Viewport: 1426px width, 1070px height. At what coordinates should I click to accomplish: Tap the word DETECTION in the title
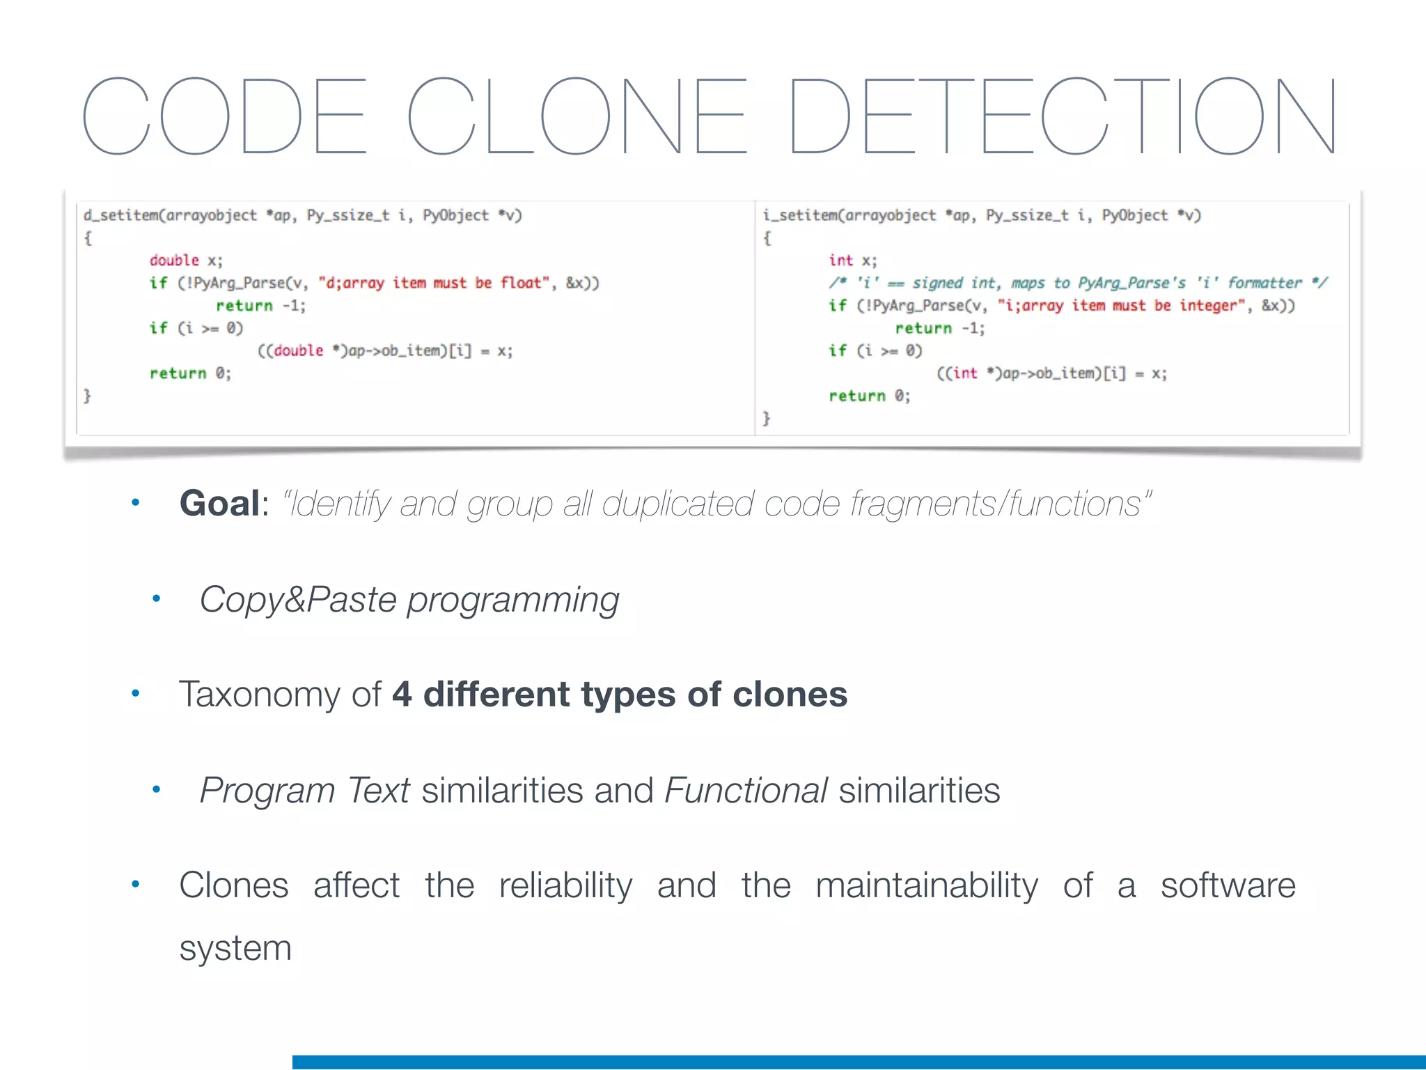pyautogui.click(x=1063, y=116)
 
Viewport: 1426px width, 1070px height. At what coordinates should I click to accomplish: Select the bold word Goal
pyautogui.click(x=219, y=503)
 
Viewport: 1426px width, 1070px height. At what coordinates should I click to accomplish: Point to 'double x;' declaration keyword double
pyautogui.click(x=174, y=261)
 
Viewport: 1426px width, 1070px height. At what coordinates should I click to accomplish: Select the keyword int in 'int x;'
pyautogui.click(x=840, y=261)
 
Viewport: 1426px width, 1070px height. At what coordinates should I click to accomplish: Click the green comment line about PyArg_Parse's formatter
pyautogui.click(x=1078, y=283)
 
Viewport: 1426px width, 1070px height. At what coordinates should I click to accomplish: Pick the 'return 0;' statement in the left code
pyautogui.click(x=190, y=373)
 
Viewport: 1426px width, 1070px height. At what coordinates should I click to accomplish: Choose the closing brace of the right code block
pyautogui.click(x=766, y=418)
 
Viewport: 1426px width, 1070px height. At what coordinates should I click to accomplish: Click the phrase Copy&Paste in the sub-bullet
pyautogui.click(x=298, y=599)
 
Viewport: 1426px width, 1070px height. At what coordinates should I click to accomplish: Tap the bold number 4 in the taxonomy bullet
pyautogui.click(x=402, y=695)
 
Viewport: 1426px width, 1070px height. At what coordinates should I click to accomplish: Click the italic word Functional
pyautogui.click(x=746, y=790)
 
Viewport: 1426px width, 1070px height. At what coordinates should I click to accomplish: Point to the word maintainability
pyautogui.click(x=927, y=885)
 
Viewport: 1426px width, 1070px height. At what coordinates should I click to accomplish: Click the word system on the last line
pyautogui.click(x=235, y=949)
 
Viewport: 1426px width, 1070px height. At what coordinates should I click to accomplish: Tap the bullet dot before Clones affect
pyautogui.click(x=136, y=885)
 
